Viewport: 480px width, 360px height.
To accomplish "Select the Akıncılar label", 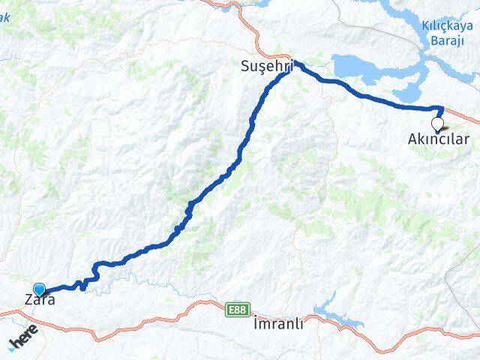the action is click(x=438, y=139).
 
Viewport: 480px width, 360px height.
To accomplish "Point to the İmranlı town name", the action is click(x=277, y=325).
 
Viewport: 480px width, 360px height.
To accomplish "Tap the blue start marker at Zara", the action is click(x=40, y=289).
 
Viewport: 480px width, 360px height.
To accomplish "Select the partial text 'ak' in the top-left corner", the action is click(x=4, y=16).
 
